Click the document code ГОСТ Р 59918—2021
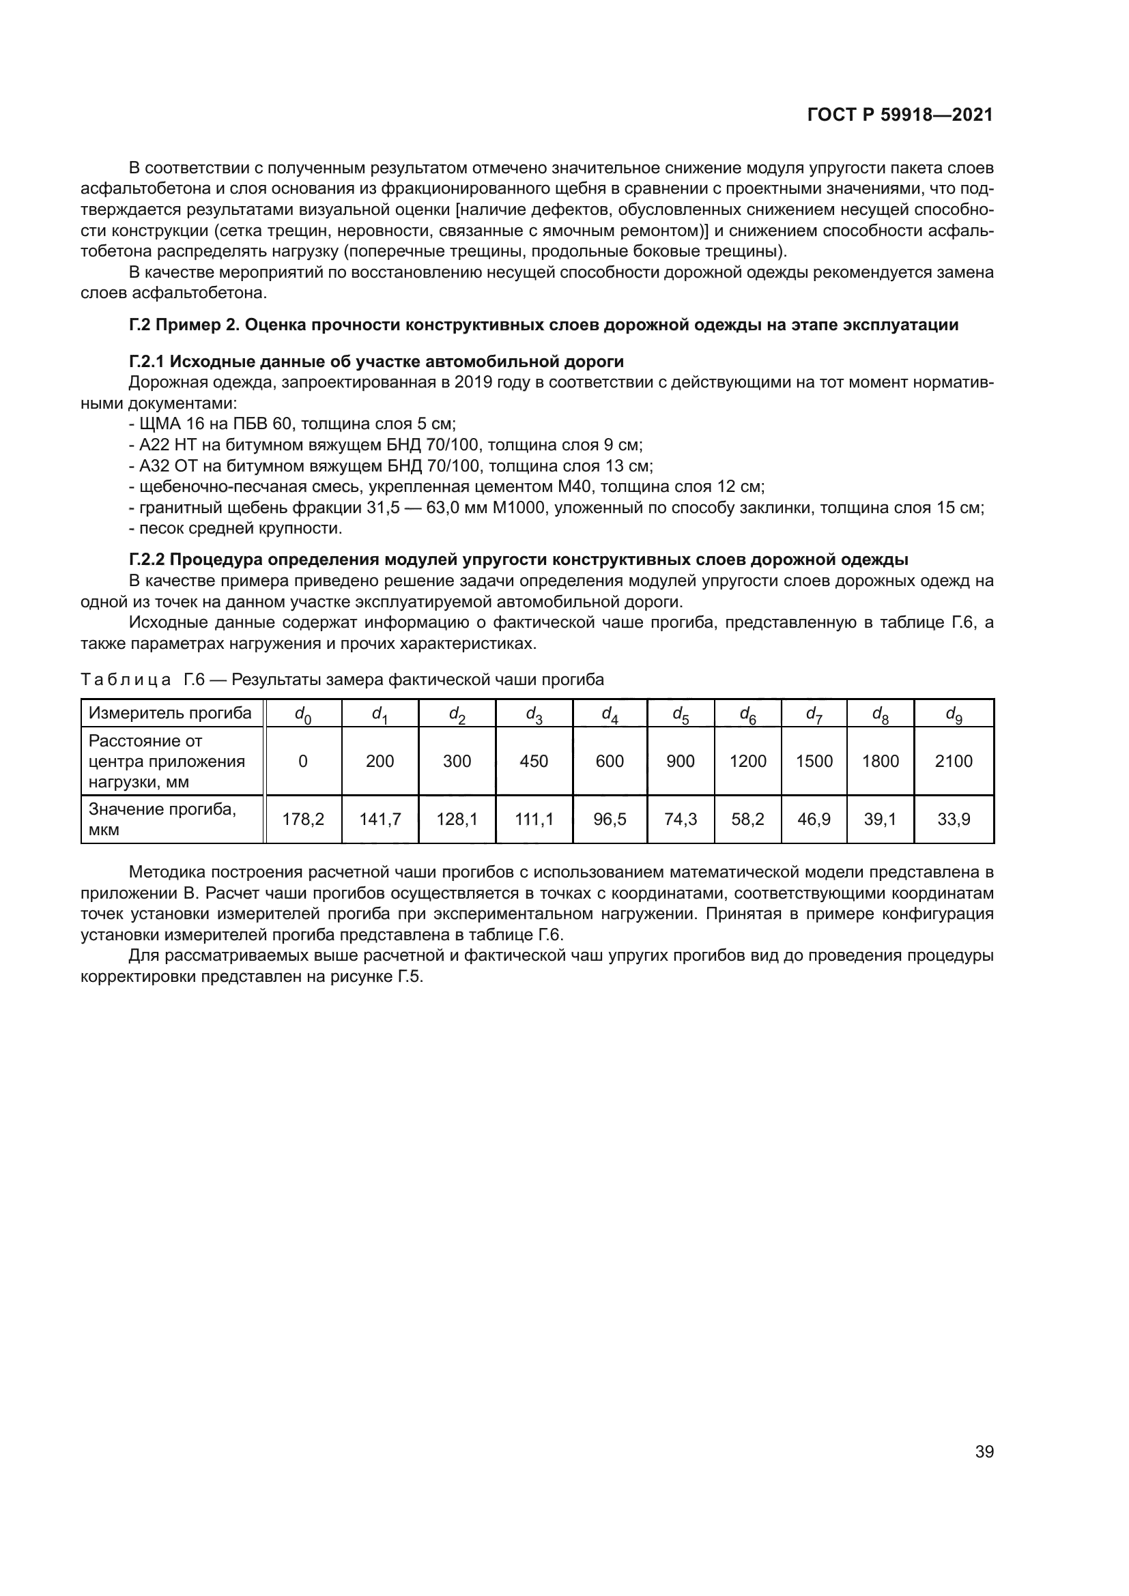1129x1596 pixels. pos(900,115)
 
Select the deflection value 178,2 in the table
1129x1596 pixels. pos(303,819)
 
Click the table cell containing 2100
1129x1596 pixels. pos(953,761)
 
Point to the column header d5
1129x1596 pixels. pos(680,714)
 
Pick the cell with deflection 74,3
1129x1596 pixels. pos(680,819)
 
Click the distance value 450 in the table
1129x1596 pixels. pos(534,761)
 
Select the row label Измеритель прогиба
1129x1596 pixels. pos(171,713)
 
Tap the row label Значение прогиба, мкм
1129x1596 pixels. pos(162,819)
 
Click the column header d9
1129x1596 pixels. pos(953,714)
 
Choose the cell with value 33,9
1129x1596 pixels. pos(953,819)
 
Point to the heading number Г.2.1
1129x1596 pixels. pos(147,362)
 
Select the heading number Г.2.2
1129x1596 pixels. pos(147,560)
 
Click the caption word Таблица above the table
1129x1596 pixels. pos(126,680)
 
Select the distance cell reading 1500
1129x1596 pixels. pos(814,761)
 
